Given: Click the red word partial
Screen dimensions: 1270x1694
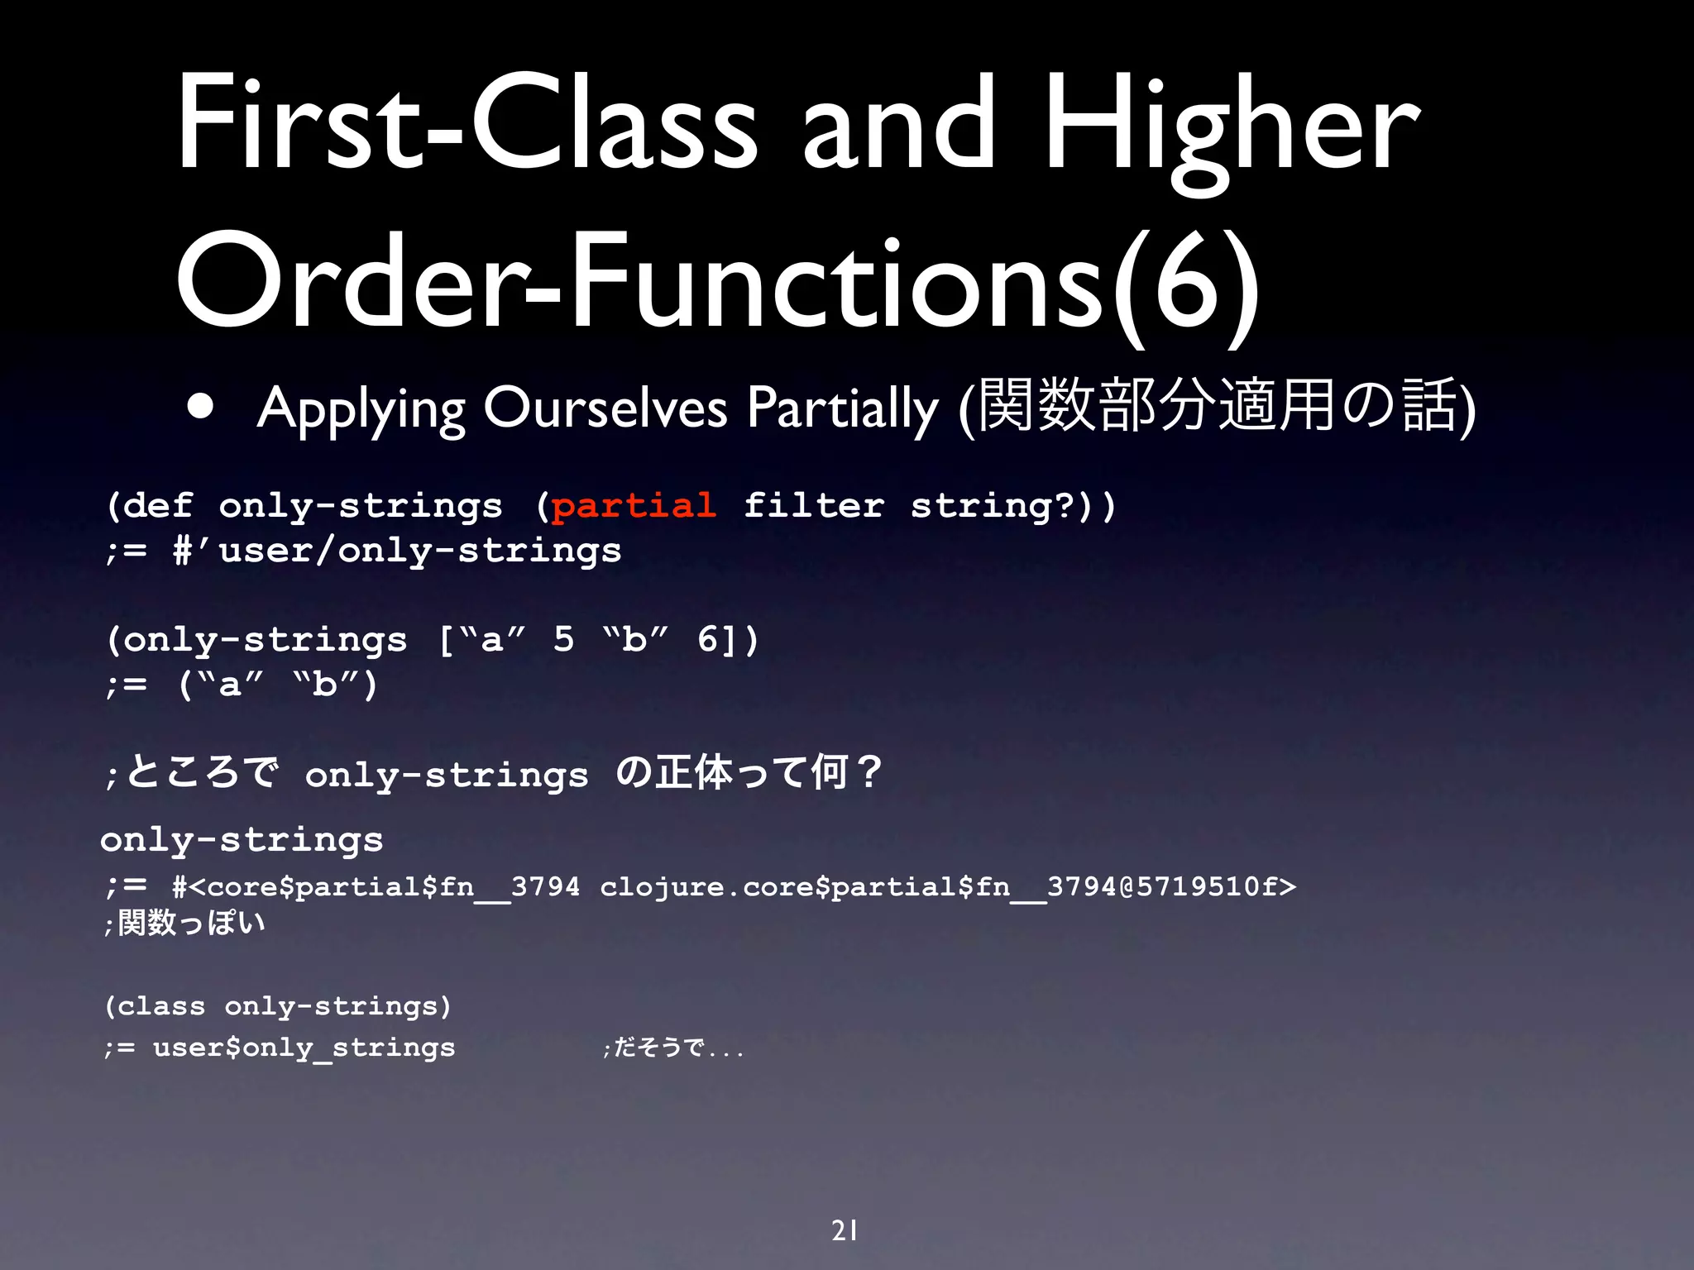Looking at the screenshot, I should [x=634, y=505].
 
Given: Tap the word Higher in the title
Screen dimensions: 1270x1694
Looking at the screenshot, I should [x=1232, y=124].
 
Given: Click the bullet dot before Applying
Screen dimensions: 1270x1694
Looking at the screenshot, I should [x=200, y=406].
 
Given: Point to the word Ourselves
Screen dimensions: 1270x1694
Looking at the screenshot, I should [x=605, y=407].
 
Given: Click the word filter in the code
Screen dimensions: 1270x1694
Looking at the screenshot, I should [x=814, y=505].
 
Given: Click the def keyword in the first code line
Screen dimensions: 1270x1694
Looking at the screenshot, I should [x=159, y=505].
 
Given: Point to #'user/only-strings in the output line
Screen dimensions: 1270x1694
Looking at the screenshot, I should [x=397, y=551].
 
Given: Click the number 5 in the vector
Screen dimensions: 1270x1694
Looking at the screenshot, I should [x=563, y=639].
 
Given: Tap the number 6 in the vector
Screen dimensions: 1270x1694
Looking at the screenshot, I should [x=708, y=639].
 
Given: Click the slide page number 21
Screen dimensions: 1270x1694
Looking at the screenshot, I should [x=845, y=1230].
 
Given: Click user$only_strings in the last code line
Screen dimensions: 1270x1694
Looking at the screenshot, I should [x=304, y=1048].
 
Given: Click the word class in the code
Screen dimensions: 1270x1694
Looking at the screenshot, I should [x=161, y=1006].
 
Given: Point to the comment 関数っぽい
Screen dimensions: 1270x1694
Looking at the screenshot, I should [x=191, y=923].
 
